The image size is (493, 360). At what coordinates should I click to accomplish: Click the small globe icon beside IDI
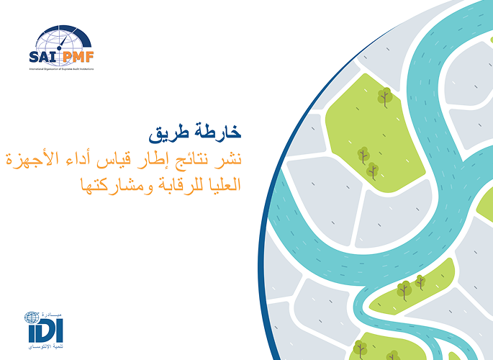tap(30, 318)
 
